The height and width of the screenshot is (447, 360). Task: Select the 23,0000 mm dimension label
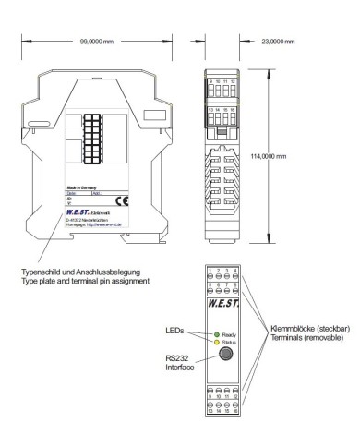278,42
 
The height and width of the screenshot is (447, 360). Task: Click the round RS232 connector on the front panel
223,356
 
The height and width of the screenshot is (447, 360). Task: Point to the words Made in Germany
81,187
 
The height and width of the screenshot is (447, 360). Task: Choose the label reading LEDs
175,328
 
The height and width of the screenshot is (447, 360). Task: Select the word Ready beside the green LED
229,334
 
